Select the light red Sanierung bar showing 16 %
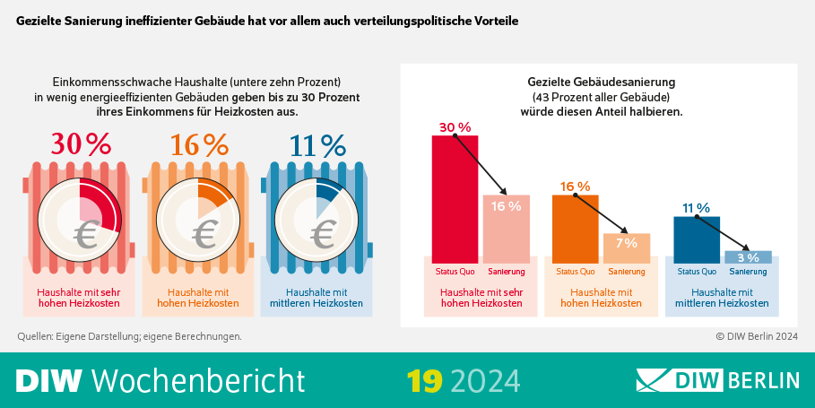[507, 229]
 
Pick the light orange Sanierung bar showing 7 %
[626, 248]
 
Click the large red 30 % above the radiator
[81, 144]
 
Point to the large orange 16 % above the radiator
[197, 144]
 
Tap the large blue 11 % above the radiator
[316, 144]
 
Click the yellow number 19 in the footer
[424, 380]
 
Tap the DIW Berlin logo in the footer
[717, 380]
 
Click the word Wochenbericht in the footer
[198, 380]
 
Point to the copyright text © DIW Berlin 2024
[756, 336]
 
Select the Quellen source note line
[129, 336]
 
